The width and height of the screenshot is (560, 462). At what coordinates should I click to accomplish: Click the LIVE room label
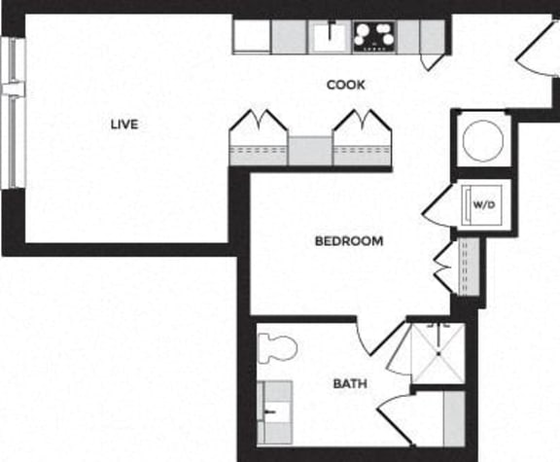coord(123,124)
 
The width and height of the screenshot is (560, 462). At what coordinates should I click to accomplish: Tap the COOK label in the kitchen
coord(346,85)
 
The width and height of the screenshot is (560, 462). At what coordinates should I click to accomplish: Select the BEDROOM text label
coord(349,240)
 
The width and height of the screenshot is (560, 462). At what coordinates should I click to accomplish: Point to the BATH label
coord(350,384)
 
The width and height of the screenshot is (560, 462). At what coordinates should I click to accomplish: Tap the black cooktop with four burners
coord(374,36)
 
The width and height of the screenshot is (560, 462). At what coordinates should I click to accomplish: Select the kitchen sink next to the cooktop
coord(330,37)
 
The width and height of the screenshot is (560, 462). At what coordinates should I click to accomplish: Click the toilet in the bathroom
coord(279,347)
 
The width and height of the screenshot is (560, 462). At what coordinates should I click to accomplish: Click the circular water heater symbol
coord(482,139)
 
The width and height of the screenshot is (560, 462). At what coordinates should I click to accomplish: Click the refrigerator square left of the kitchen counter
coord(251,37)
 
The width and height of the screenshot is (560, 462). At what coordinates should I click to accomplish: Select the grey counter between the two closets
coord(310,151)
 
